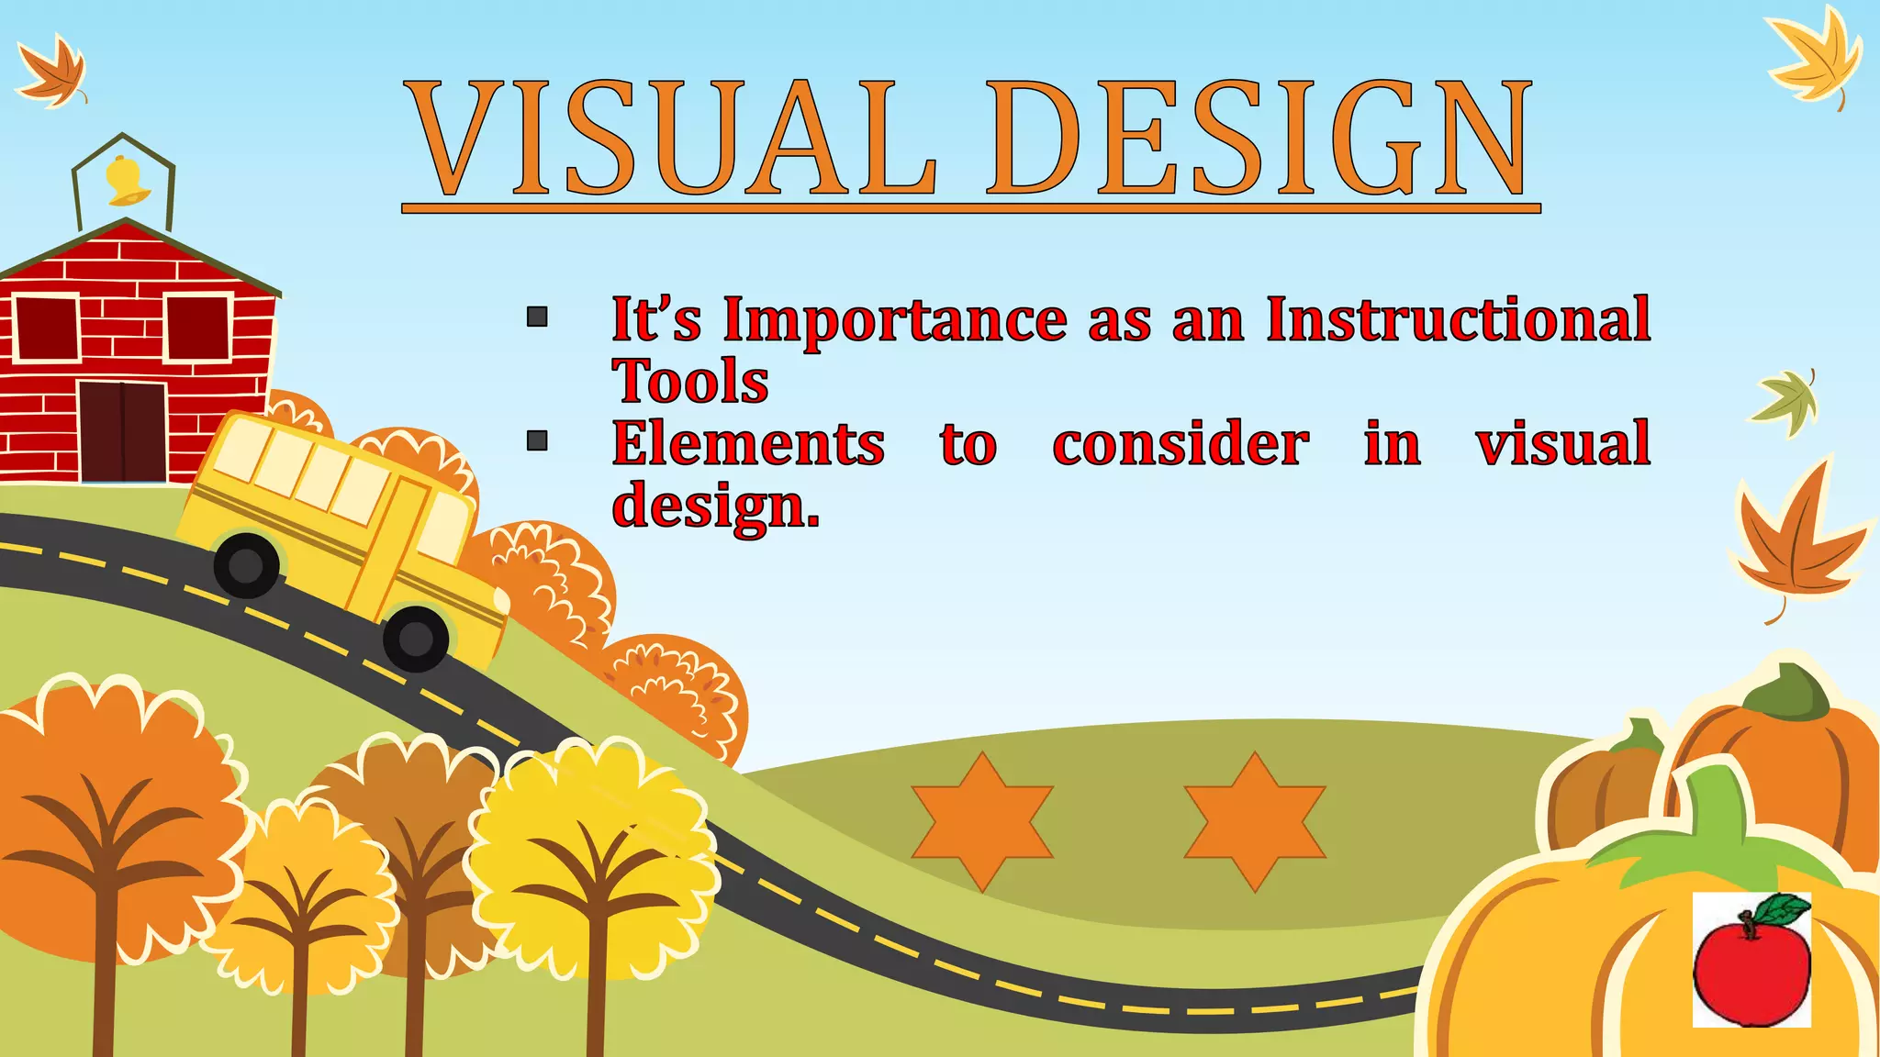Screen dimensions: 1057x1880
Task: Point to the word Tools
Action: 690,382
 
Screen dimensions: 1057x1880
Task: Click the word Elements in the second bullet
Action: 748,444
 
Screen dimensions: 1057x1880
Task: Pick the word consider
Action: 1181,444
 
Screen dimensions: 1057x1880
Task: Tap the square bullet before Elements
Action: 537,441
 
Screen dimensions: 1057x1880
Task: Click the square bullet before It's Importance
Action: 537,317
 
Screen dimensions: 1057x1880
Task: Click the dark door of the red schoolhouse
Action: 122,432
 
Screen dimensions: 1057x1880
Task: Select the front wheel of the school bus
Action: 416,638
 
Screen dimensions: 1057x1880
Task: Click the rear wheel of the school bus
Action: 246,565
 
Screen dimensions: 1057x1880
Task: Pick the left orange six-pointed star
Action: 982,822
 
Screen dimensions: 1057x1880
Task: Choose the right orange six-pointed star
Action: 1254,822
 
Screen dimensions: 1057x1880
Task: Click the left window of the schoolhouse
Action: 45,328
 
